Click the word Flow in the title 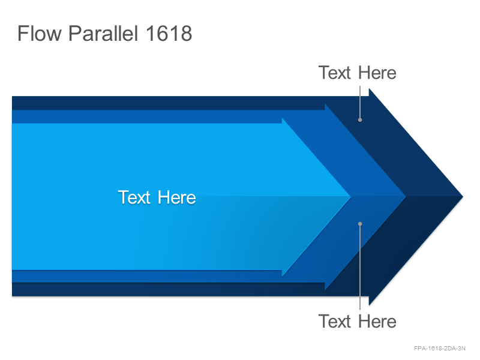point(40,33)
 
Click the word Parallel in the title point(103,33)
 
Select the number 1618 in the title point(169,33)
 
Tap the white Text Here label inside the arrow point(157,197)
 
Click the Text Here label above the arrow point(357,73)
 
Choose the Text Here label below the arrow point(357,321)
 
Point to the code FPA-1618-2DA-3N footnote point(440,348)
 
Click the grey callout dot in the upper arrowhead point(360,120)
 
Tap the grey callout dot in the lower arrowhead point(360,224)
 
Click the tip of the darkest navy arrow point(463,197)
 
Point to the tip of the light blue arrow point(351,197)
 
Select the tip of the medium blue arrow point(406,197)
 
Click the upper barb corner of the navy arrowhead point(369,89)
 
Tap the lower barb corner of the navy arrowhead point(369,305)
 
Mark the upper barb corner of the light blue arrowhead point(282,118)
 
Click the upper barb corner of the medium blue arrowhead point(325,104)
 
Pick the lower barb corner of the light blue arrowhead point(282,276)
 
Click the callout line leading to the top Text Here point(360,103)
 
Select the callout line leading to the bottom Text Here point(360,266)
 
